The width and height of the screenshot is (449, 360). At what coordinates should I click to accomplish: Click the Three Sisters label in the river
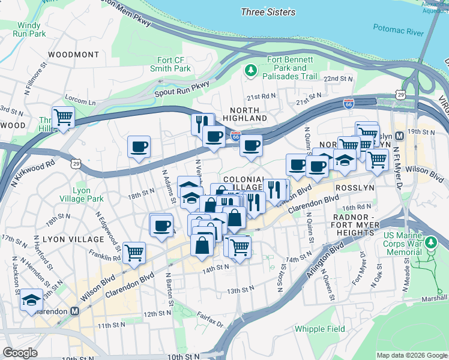[x=268, y=12]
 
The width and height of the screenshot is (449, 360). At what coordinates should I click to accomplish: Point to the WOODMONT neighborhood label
[x=73, y=55]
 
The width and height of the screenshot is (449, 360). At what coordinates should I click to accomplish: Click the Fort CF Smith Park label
[x=174, y=64]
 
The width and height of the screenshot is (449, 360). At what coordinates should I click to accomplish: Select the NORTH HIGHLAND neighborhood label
[x=244, y=114]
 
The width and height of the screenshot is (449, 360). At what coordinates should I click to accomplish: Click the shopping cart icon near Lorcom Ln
[x=62, y=116]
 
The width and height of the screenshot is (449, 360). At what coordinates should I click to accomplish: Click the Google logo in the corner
[x=20, y=352]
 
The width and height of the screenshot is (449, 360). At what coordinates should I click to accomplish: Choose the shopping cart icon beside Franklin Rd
[x=134, y=252]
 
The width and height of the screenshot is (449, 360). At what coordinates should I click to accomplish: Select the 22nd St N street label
[x=338, y=79]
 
